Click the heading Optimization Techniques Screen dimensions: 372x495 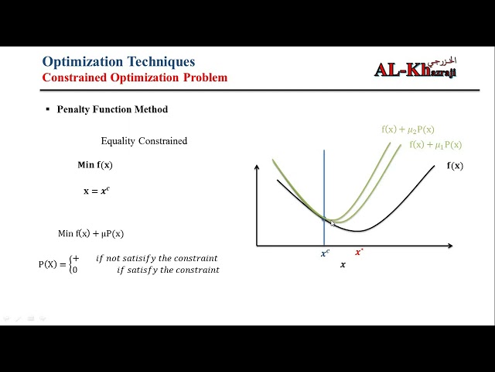[x=118, y=61]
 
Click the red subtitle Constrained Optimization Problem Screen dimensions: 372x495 [x=135, y=77]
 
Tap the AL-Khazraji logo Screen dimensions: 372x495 [x=417, y=68]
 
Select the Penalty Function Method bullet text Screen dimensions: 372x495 [x=112, y=109]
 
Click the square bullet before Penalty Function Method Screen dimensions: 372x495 [x=48, y=109]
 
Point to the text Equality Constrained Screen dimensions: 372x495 [x=144, y=141]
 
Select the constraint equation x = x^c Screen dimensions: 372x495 [x=96, y=190]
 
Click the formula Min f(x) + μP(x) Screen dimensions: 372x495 [x=90, y=233]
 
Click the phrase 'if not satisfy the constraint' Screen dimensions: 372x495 [x=156, y=258]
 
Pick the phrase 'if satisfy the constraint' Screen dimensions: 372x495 [x=168, y=270]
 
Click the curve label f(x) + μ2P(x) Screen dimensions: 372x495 [x=408, y=129]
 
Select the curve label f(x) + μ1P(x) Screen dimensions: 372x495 [x=435, y=145]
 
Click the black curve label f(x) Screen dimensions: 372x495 [x=455, y=165]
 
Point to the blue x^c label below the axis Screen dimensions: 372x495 [x=325, y=253]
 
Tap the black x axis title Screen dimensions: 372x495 [x=343, y=265]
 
